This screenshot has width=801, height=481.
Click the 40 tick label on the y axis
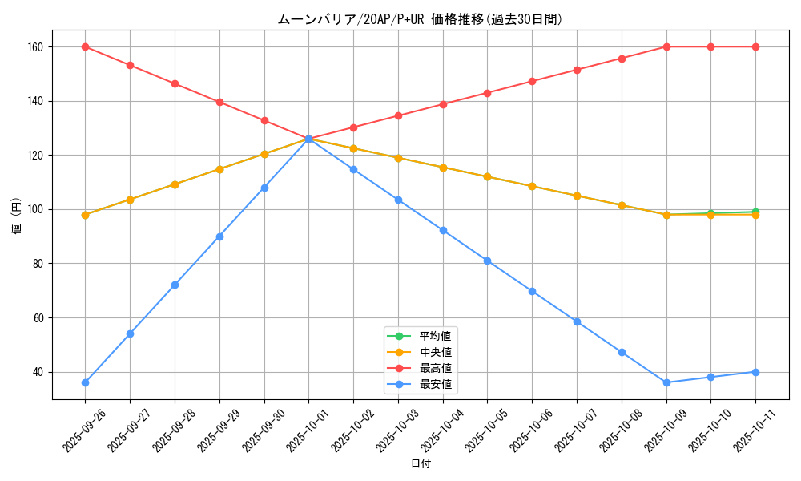point(40,372)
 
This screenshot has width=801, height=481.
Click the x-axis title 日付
point(420,464)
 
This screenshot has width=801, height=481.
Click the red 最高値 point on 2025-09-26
point(85,46)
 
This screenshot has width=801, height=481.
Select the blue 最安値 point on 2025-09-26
point(85,382)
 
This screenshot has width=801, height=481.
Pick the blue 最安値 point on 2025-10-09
point(666,382)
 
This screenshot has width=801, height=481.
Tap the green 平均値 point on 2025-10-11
point(755,212)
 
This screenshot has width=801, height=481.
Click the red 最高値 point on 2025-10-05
point(487,93)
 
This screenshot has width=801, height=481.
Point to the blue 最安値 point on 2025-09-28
point(175,285)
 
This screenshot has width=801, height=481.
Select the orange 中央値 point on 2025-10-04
point(443,168)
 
